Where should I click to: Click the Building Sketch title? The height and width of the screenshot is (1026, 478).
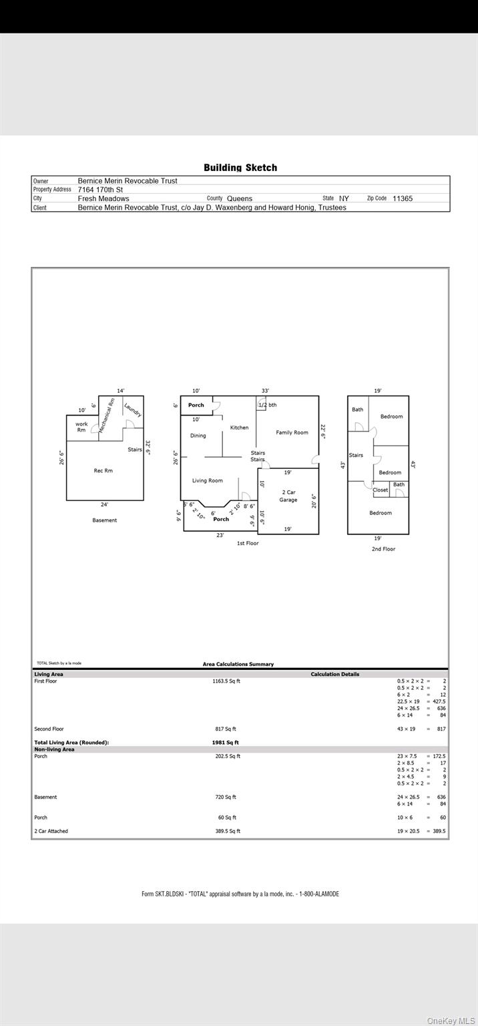coord(240,168)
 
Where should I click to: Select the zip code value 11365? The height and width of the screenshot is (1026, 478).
coord(403,198)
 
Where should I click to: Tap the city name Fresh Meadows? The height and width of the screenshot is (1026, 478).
coord(103,198)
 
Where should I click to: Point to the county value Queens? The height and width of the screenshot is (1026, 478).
coord(240,198)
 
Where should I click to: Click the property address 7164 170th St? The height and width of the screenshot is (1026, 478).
coord(100,190)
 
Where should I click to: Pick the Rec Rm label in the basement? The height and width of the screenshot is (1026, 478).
coord(103,471)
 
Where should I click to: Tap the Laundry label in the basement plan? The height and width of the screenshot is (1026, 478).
coord(132,409)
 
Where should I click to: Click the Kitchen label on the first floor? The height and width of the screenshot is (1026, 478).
coord(239,427)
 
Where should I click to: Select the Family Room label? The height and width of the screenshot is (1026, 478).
coord(292,433)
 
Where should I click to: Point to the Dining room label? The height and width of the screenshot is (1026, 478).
coord(198,436)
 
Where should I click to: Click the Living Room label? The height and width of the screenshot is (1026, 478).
coord(208,480)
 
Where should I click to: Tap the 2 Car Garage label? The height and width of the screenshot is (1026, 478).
coord(288,496)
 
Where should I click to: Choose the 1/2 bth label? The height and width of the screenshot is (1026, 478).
coord(268,405)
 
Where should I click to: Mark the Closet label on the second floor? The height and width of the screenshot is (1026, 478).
coord(381,490)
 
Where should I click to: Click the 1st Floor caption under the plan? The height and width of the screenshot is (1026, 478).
coord(248,543)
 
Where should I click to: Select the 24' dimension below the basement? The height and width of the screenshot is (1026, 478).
coord(104,504)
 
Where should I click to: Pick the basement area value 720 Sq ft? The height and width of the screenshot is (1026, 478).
coord(226,797)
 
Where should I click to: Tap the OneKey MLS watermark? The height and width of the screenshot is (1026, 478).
coord(451,1021)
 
